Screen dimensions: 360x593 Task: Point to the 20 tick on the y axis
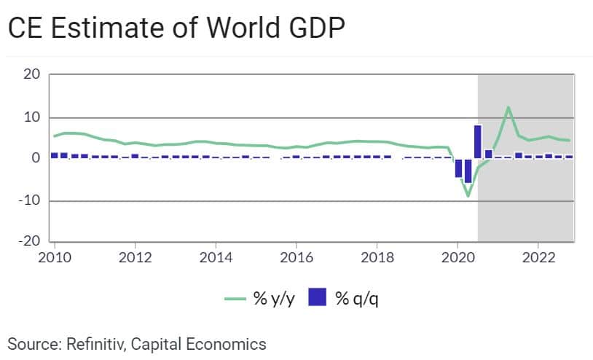(31, 74)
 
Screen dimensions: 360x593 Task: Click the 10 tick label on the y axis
(31, 117)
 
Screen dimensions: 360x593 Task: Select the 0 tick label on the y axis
(35, 158)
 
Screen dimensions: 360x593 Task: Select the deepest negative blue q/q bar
(468, 170)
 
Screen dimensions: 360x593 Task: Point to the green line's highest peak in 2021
(508, 108)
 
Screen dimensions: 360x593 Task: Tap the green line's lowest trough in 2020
(468, 196)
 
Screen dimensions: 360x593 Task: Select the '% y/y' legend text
(270, 298)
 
